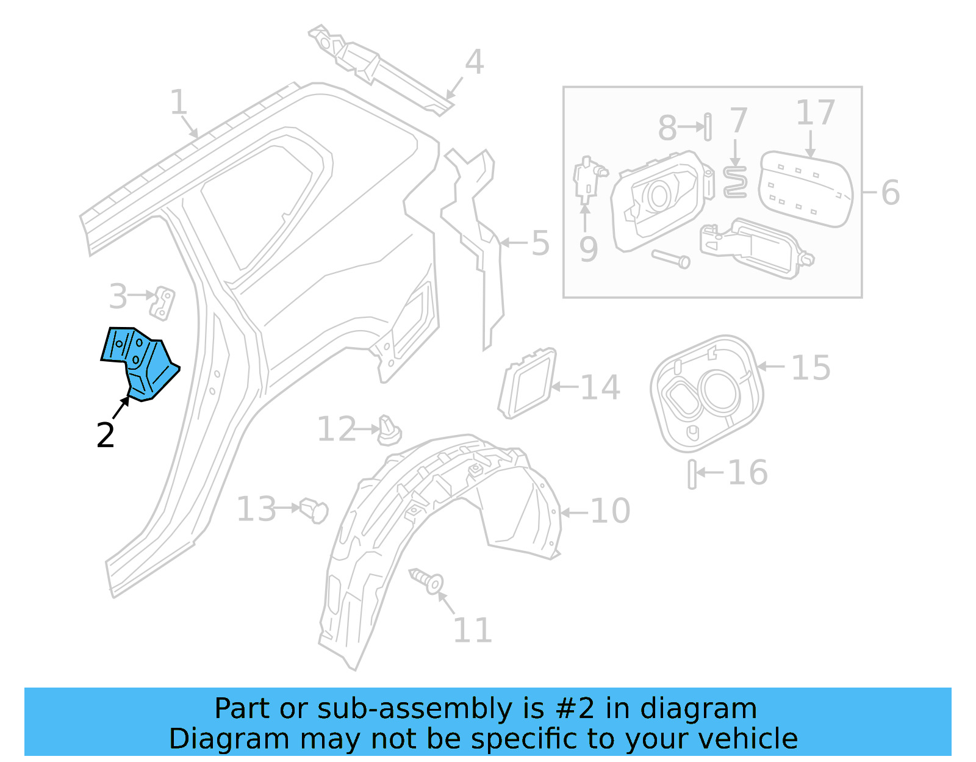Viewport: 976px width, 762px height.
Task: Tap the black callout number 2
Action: [x=106, y=436]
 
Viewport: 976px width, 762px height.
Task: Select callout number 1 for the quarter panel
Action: [x=178, y=102]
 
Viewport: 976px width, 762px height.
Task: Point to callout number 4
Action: [x=475, y=62]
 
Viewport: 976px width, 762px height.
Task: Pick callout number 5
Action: [x=540, y=243]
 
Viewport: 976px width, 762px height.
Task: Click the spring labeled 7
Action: [x=736, y=182]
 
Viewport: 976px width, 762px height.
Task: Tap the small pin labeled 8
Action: [x=708, y=127]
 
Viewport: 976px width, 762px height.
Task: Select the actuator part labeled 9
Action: [x=587, y=178]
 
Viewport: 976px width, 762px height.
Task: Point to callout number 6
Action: [x=891, y=193]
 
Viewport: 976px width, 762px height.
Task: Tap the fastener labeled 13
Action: [x=314, y=510]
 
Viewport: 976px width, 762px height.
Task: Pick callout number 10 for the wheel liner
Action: [x=610, y=511]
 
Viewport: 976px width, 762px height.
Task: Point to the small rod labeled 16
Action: [x=692, y=474]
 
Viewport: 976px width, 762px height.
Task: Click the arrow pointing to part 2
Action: [x=121, y=407]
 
